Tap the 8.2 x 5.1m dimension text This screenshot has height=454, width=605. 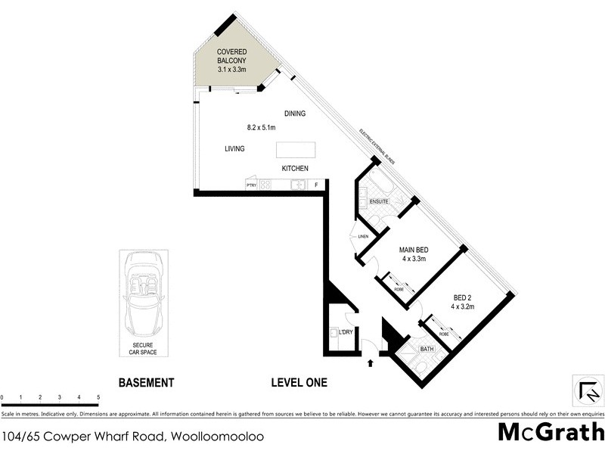tap(261, 127)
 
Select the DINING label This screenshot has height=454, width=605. tap(295, 113)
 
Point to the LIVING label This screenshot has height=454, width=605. tap(234, 149)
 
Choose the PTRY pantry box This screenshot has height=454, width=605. tap(252, 184)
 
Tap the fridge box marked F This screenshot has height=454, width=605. tap(316, 184)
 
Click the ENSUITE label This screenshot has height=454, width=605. tap(379, 201)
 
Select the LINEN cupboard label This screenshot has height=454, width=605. tap(363, 239)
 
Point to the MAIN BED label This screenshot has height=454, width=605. tap(414, 250)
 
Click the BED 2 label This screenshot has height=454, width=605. tap(463, 298)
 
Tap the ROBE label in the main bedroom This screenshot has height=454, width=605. tap(398, 289)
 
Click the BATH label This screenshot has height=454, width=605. tap(427, 349)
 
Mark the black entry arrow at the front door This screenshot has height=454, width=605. tap(370, 364)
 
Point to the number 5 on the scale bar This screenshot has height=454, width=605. tap(98, 397)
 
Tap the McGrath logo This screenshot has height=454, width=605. tap(550, 433)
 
